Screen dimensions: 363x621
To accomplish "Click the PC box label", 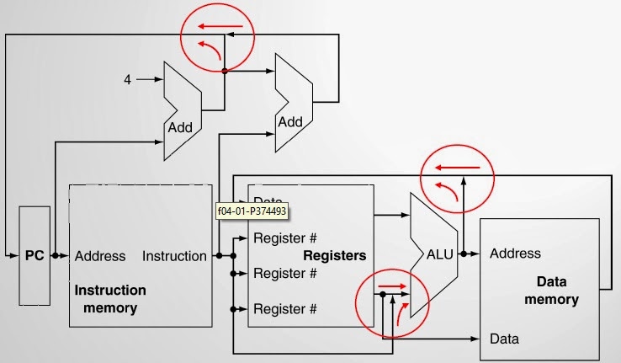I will pos(33,255).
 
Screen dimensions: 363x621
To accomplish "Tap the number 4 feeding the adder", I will pos(128,80).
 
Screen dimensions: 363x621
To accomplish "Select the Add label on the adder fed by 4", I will pos(180,128).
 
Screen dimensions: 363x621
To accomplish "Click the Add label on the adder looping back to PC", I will pos(290,122).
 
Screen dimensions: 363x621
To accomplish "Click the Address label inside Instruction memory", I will pos(100,256).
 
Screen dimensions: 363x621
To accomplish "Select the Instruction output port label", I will pos(174,256).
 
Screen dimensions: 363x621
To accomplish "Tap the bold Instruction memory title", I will pos(110,299).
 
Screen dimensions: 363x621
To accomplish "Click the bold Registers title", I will pos(334,255).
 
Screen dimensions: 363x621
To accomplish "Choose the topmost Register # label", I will pos(285,238).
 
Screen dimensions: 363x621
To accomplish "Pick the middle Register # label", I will pos(285,273).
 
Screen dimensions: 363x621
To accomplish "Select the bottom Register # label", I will pos(285,309).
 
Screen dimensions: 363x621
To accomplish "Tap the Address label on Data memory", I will pos(515,253).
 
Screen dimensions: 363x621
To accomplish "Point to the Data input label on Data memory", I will pos(504,339).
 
